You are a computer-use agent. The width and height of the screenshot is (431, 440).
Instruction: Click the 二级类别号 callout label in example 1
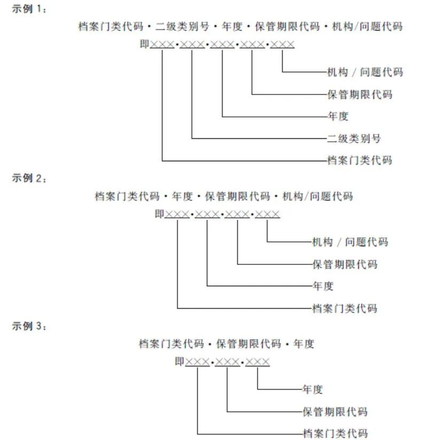tap(354, 138)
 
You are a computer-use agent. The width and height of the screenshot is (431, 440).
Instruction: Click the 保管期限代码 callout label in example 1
tap(359, 94)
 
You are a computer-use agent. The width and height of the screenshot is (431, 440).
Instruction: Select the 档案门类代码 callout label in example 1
tap(359, 160)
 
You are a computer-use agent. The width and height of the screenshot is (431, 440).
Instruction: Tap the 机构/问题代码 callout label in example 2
tap(350, 242)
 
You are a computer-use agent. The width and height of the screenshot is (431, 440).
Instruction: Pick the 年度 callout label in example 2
tap(323, 286)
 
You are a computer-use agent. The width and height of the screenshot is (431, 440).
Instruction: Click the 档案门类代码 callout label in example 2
tap(344, 308)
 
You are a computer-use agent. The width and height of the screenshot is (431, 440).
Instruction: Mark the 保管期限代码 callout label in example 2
tap(344, 264)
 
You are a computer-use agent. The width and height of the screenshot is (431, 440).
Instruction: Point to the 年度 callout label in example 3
tap(312, 389)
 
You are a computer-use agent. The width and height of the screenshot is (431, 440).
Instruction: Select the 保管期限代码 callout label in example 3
tap(335, 412)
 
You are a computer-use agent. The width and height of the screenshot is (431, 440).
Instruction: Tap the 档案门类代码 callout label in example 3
tap(335, 433)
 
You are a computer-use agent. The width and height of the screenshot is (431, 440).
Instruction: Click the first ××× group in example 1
tap(162, 44)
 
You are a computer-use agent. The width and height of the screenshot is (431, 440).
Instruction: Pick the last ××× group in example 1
tap(282, 44)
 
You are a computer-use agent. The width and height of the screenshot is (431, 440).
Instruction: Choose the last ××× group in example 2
tap(267, 214)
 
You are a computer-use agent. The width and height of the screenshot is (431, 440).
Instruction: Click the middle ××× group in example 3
tap(228, 362)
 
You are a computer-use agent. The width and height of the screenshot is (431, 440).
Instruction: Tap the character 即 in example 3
tap(179, 362)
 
